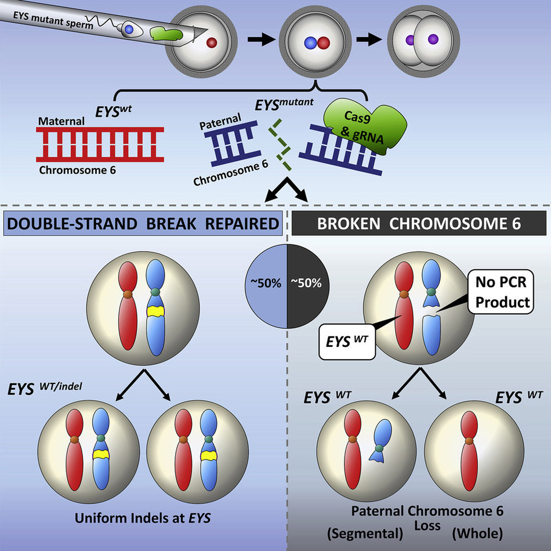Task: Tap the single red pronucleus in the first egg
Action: pos(212,41)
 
